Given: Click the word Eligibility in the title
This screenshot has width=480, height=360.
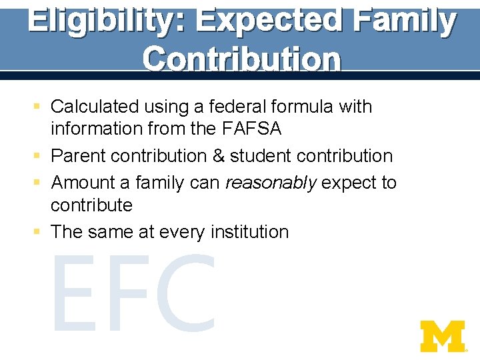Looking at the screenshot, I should click(107, 21).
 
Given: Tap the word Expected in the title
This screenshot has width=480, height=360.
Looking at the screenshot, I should click(272, 21).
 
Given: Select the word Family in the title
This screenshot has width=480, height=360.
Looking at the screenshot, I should click(406, 21).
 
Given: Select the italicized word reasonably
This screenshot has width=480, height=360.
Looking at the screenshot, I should click(271, 183).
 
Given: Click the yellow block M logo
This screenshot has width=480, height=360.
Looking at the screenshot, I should click(442, 336).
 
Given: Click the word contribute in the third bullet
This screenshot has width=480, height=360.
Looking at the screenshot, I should click(91, 205).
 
